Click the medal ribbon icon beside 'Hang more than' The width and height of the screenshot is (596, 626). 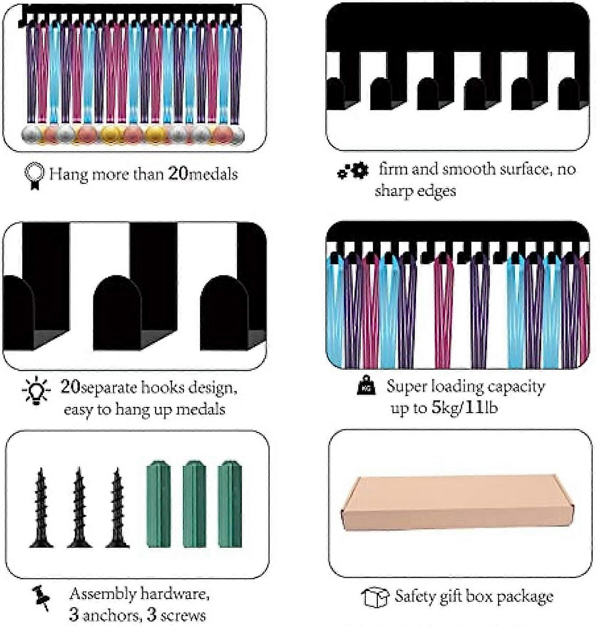tap(34, 176)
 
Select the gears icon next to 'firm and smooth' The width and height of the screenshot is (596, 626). tap(353, 171)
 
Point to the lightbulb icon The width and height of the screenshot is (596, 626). tap(36, 391)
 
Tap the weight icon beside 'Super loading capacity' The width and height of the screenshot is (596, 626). tap(366, 385)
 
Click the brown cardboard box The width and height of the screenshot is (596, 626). tap(457, 503)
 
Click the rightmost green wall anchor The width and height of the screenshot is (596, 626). tap(230, 504)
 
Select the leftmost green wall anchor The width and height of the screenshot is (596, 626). tap(159, 504)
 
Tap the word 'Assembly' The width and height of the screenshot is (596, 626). tap(103, 594)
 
